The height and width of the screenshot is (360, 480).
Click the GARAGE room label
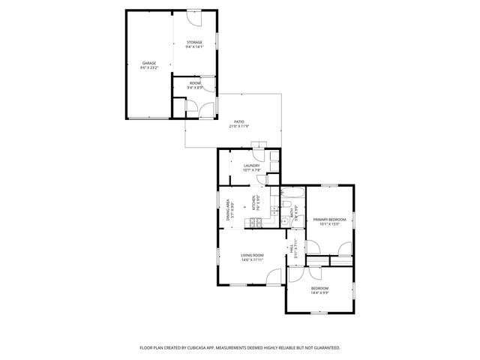[148, 63]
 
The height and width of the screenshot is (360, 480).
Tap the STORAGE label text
[194, 43]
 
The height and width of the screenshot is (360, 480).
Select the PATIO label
[238, 121]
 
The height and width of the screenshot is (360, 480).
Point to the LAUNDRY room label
[251, 166]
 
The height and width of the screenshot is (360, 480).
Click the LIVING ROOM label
[252, 256]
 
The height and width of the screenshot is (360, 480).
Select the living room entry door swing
[275, 275]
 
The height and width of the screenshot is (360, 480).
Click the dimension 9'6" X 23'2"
[148, 67]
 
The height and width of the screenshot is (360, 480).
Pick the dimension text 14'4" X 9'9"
[319, 292]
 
